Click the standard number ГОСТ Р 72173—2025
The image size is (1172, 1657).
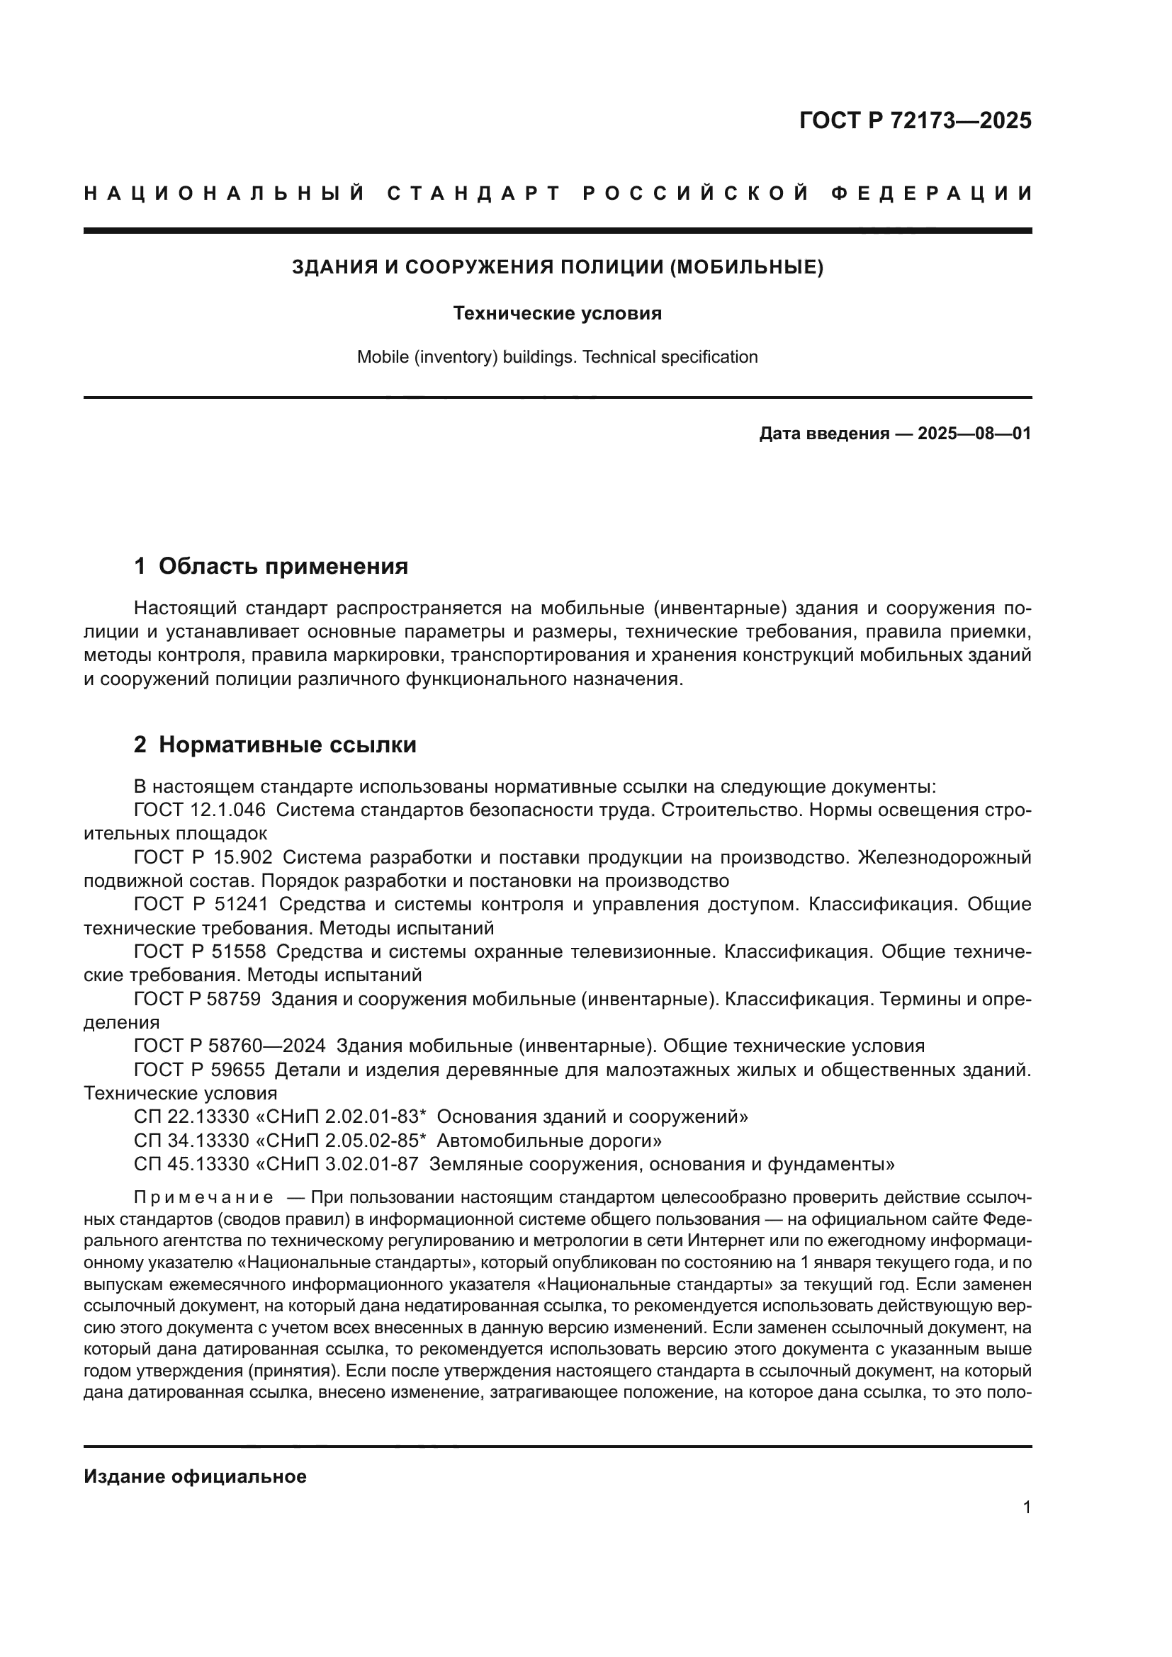914,120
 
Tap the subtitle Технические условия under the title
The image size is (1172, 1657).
557,314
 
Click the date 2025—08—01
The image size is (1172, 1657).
974,434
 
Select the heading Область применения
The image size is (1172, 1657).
283,567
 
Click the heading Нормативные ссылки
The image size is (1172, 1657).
287,745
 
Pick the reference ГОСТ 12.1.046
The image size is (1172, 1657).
199,810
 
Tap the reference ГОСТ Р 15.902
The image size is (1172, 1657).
203,857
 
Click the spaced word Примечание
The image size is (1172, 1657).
203,1198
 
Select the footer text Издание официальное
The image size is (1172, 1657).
195,1476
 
